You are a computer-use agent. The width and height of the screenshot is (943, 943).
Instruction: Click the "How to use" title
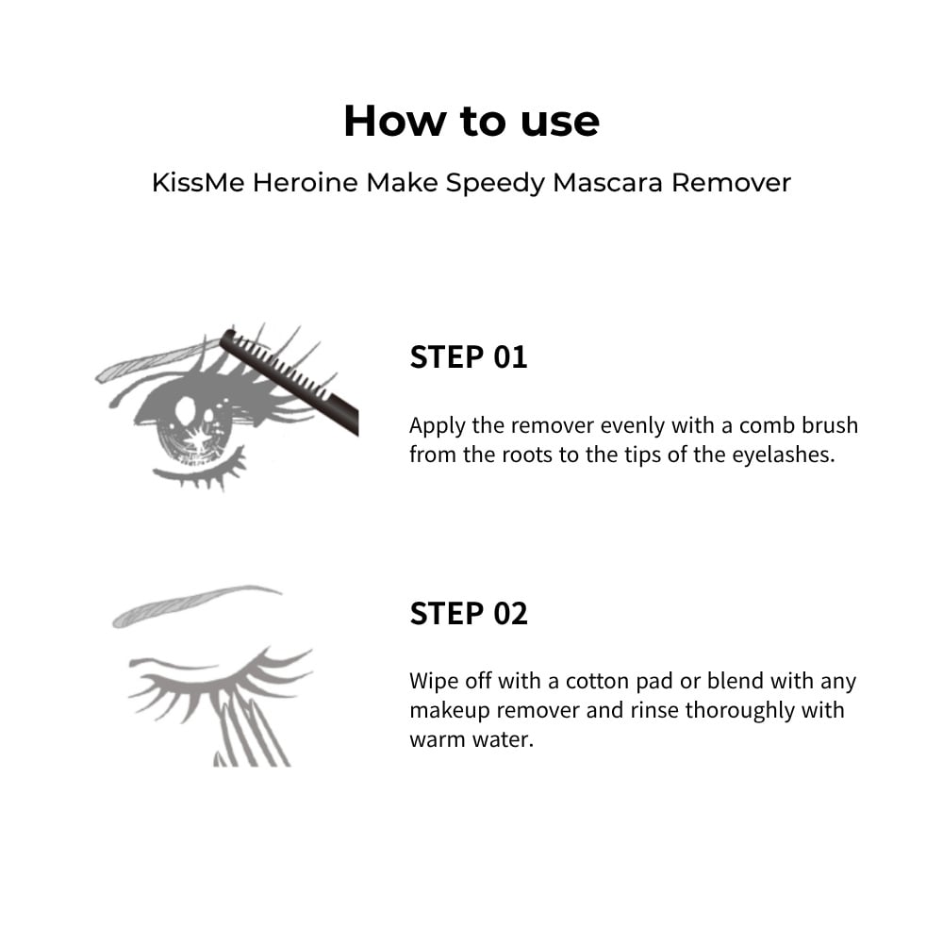click(x=471, y=121)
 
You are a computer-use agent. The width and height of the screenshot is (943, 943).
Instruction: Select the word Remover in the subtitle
click(x=731, y=182)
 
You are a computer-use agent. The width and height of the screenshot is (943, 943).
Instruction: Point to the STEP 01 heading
click(x=469, y=356)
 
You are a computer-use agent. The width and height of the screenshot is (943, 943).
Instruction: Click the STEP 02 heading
click(x=469, y=614)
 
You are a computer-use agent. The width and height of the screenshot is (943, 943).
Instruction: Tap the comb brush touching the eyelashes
click(x=290, y=380)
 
